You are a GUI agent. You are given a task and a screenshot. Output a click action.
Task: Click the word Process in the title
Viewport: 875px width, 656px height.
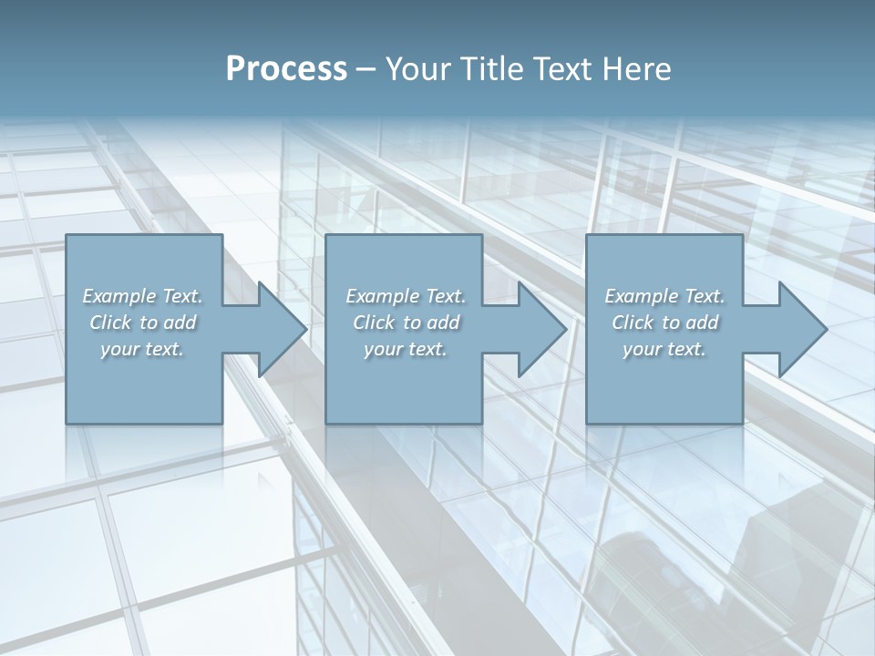click(286, 69)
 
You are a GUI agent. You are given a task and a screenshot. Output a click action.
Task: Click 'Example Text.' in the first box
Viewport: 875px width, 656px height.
click(143, 296)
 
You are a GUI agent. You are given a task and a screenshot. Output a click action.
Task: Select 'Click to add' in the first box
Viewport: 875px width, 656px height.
click(143, 323)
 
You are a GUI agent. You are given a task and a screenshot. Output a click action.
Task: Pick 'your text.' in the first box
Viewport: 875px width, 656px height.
click(143, 349)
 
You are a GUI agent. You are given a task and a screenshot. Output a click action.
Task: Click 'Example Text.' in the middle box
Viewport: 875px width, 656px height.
click(406, 296)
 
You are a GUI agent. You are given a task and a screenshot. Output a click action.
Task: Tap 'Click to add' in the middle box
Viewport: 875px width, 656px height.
click(406, 323)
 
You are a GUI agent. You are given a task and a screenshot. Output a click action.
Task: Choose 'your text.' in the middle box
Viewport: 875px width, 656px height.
click(406, 349)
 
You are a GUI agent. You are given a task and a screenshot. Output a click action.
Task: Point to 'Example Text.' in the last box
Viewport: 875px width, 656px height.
click(664, 296)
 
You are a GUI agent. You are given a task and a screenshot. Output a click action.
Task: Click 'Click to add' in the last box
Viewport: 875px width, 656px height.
click(664, 323)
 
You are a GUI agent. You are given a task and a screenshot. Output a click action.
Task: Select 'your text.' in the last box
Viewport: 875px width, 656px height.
click(664, 349)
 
